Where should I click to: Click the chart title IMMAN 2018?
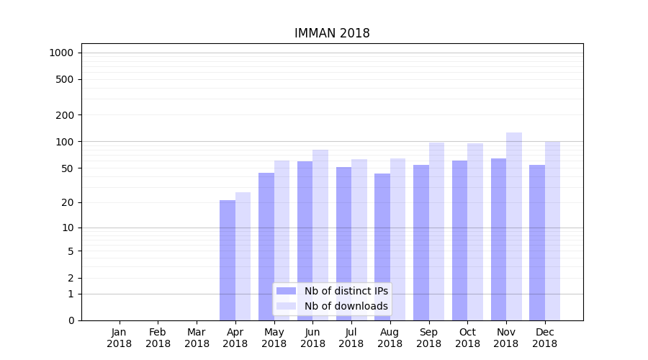click(x=332, y=34)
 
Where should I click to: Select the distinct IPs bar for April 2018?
click(x=228, y=260)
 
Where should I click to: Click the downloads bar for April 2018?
click(x=243, y=256)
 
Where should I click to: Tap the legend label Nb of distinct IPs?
click(x=346, y=291)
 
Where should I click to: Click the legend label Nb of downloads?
click(x=346, y=306)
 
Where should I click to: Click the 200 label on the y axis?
click(x=65, y=115)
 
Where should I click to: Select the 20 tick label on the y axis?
click(x=67, y=203)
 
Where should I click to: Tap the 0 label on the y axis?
click(x=71, y=320)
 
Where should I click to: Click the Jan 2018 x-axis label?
click(x=120, y=338)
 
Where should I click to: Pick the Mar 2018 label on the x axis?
click(x=197, y=338)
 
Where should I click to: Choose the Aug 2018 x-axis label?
click(x=390, y=338)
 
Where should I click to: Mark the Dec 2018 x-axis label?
click(x=545, y=338)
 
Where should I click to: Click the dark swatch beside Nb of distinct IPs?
click(x=286, y=291)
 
